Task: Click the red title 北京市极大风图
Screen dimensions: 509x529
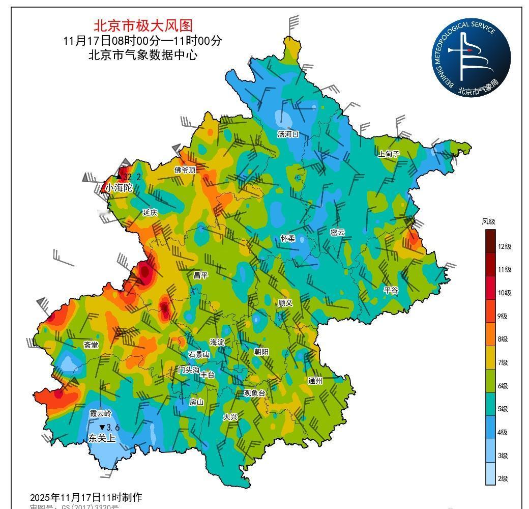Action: [143, 25]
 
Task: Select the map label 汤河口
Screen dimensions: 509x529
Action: [288, 134]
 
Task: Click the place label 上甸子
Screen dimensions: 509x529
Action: [389, 154]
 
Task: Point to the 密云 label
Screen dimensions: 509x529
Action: [337, 233]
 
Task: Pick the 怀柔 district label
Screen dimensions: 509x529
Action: [288, 238]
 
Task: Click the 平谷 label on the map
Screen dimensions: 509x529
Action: [391, 290]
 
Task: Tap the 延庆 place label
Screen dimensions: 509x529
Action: [150, 212]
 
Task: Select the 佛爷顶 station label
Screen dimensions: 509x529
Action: [185, 170]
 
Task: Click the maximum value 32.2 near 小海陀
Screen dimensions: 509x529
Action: [131, 177]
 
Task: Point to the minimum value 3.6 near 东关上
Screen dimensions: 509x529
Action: [112, 428]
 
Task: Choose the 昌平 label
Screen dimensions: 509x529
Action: [200, 275]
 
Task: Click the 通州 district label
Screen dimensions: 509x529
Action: [315, 381]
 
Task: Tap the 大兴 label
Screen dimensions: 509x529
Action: [230, 417]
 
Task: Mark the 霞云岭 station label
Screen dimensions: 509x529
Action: [100, 413]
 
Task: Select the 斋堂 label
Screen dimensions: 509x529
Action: [91, 345]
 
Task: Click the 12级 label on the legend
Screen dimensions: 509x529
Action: [505, 246]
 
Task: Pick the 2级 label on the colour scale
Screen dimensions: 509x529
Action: [503, 479]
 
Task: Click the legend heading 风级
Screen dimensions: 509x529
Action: [488, 221]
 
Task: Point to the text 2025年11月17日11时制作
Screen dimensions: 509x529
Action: [85, 497]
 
